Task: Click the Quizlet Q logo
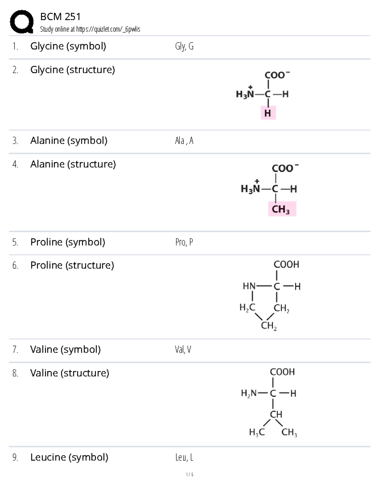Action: (22, 22)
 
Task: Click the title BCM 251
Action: (60, 17)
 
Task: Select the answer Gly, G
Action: (184, 46)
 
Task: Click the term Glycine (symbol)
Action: (68, 46)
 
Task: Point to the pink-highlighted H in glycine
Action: (268, 113)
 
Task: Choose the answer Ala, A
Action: (184, 141)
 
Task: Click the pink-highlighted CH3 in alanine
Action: (282, 209)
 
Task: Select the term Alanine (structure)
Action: (73, 164)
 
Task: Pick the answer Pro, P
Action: (184, 242)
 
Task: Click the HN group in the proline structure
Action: (249, 286)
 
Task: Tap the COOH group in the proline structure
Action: (286, 264)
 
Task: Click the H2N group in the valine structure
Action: (249, 393)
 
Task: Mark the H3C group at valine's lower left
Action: (257, 432)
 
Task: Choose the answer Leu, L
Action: (184, 457)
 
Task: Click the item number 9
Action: (15, 457)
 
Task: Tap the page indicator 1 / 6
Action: (189, 475)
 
